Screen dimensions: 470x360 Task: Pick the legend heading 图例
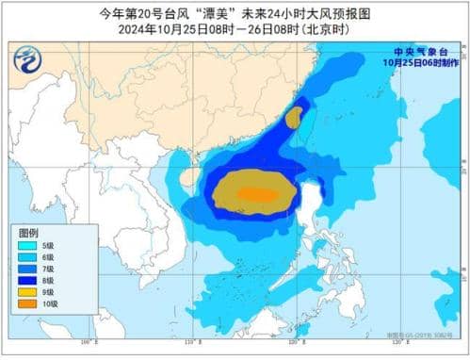[29, 232]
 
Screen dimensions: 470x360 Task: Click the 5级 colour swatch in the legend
[28, 245]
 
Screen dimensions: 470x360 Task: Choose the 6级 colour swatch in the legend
[28, 257]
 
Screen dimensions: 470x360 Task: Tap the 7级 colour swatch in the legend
[28, 269]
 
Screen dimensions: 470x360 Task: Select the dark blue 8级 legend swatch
[28, 281]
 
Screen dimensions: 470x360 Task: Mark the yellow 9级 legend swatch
[28, 292]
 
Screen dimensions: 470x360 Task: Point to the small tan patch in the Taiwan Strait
[294, 118]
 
